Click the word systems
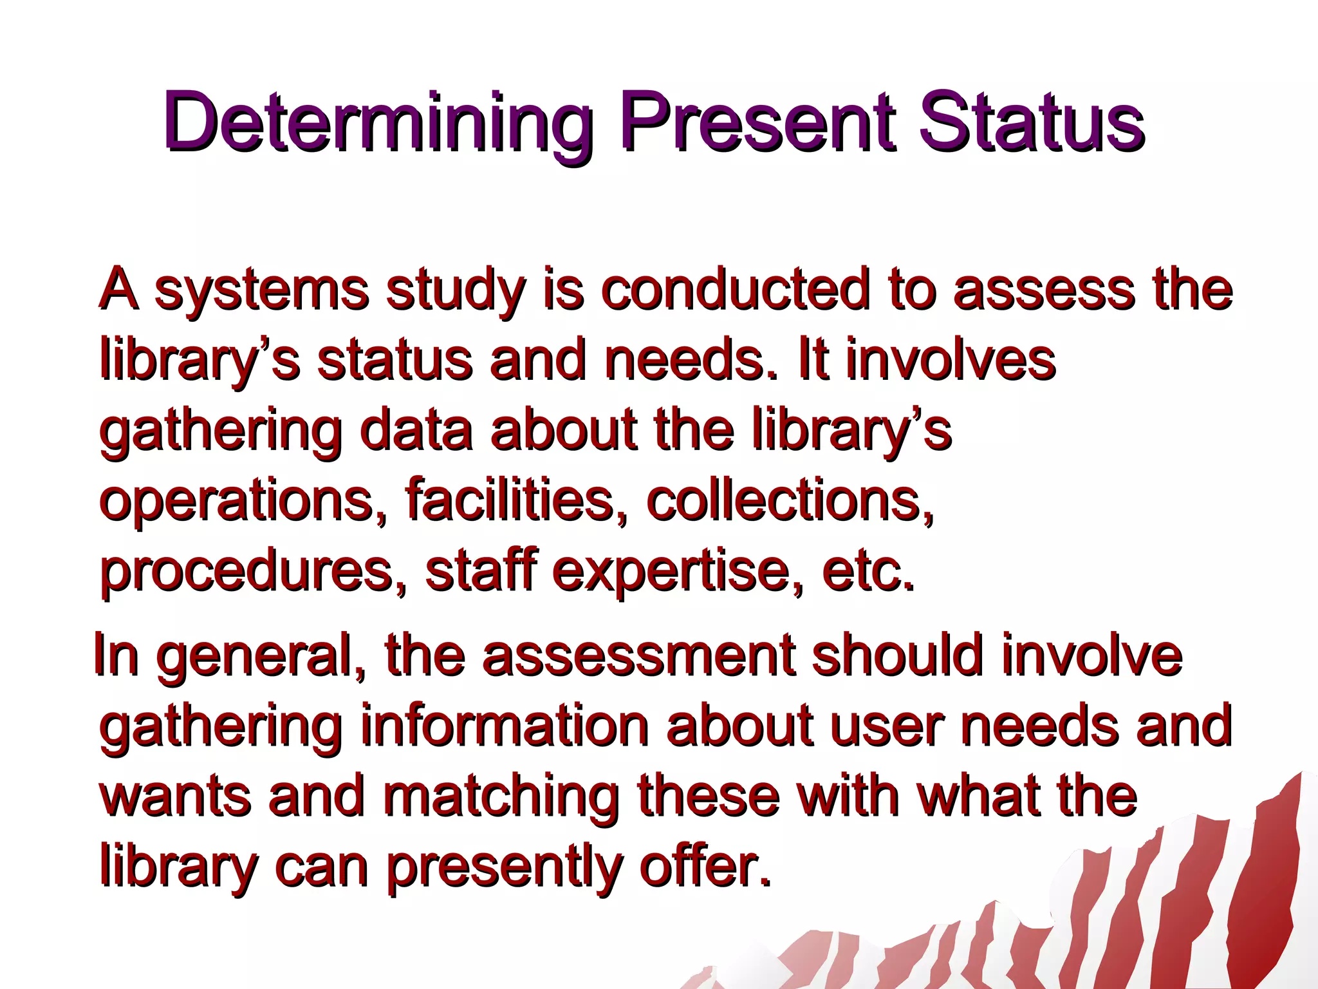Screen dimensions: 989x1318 tap(261, 290)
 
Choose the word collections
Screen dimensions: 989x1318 tap(789, 500)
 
